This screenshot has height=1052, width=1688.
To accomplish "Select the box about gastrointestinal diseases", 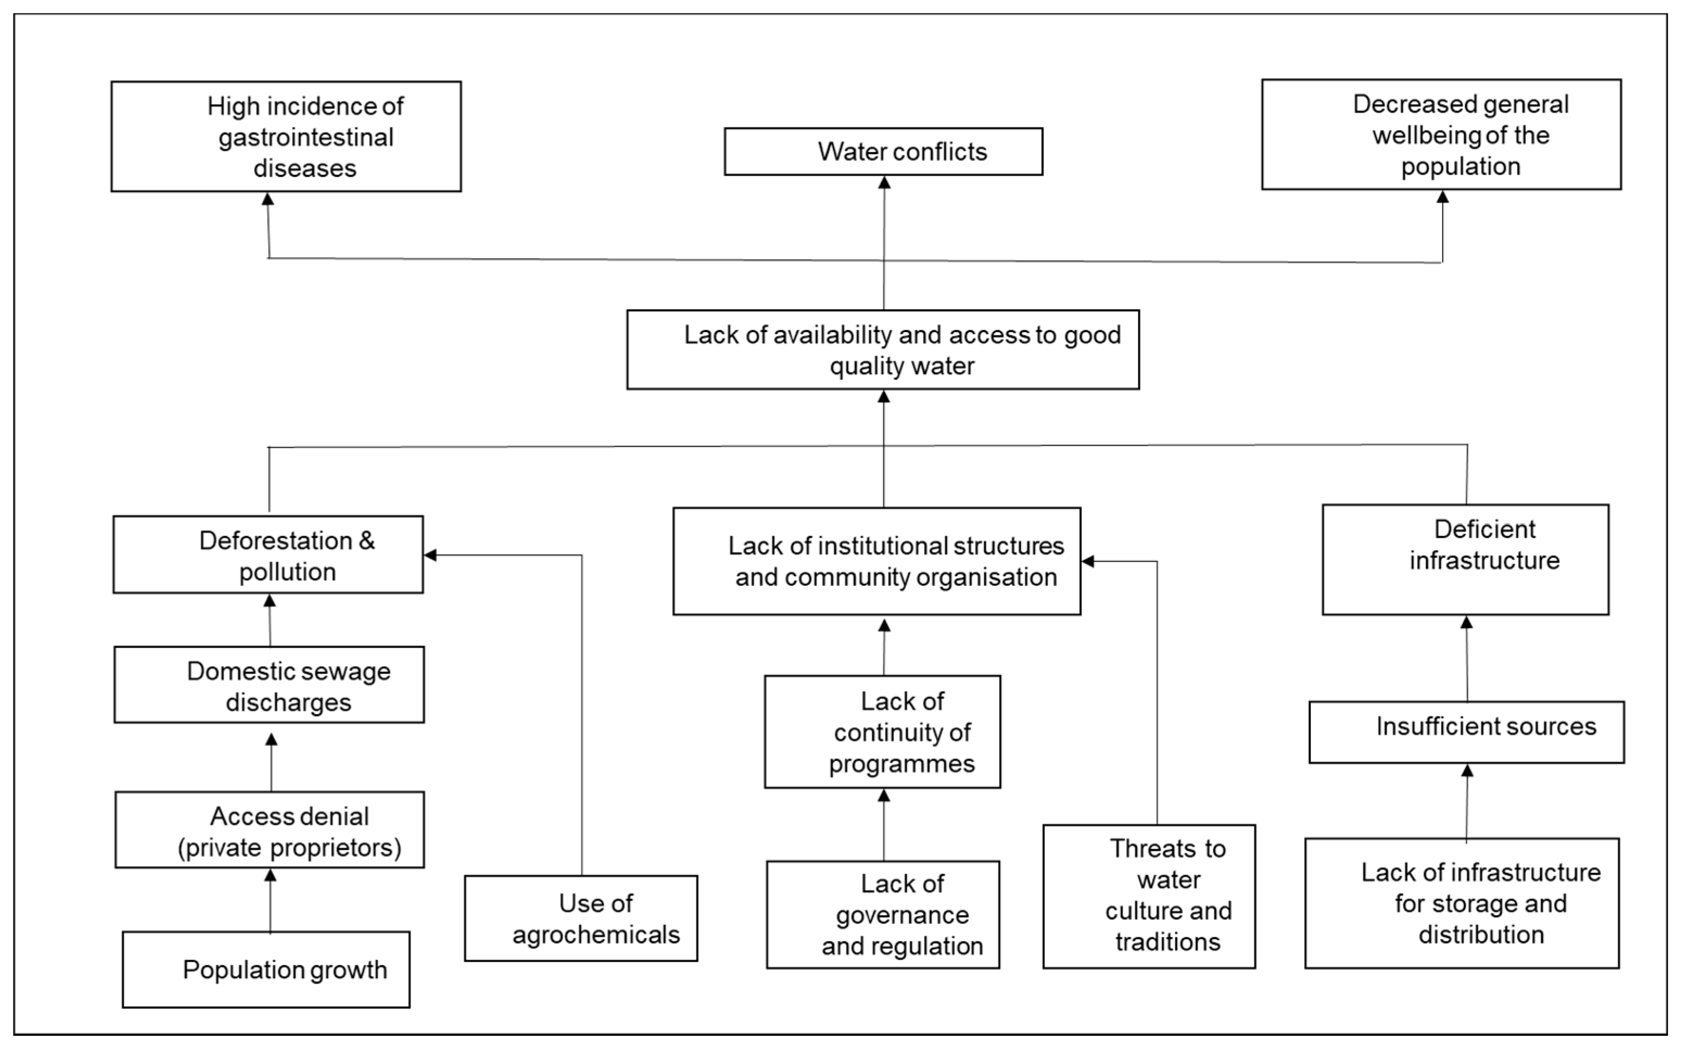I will pyautogui.click(x=285, y=136).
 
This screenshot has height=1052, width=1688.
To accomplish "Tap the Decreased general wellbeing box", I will pyautogui.click(x=1441, y=135).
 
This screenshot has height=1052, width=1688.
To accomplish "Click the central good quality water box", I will pyautogui.click(x=883, y=349).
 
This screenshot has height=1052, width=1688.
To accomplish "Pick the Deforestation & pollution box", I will pyautogui.click(x=268, y=554).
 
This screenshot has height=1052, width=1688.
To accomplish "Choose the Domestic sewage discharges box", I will pyautogui.click(x=269, y=685).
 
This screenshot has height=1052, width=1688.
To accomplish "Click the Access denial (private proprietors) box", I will pyautogui.click(x=269, y=830).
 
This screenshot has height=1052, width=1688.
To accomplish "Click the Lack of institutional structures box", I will pyautogui.click(x=877, y=561).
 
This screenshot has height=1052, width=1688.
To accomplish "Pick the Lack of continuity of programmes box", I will pyautogui.click(x=882, y=731).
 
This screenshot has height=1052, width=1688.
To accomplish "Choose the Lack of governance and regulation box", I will pyautogui.click(x=883, y=914).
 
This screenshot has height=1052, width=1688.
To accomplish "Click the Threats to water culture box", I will pyautogui.click(x=1148, y=896).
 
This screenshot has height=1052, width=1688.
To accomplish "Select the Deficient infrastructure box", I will pyautogui.click(x=1465, y=559).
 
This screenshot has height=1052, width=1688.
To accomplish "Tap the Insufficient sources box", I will pyautogui.click(x=1466, y=732).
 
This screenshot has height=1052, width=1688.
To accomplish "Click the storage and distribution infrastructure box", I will pyautogui.click(x=1462, y=903).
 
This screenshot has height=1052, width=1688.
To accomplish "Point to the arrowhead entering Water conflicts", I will pyautogui.click(x=884, y=182).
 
